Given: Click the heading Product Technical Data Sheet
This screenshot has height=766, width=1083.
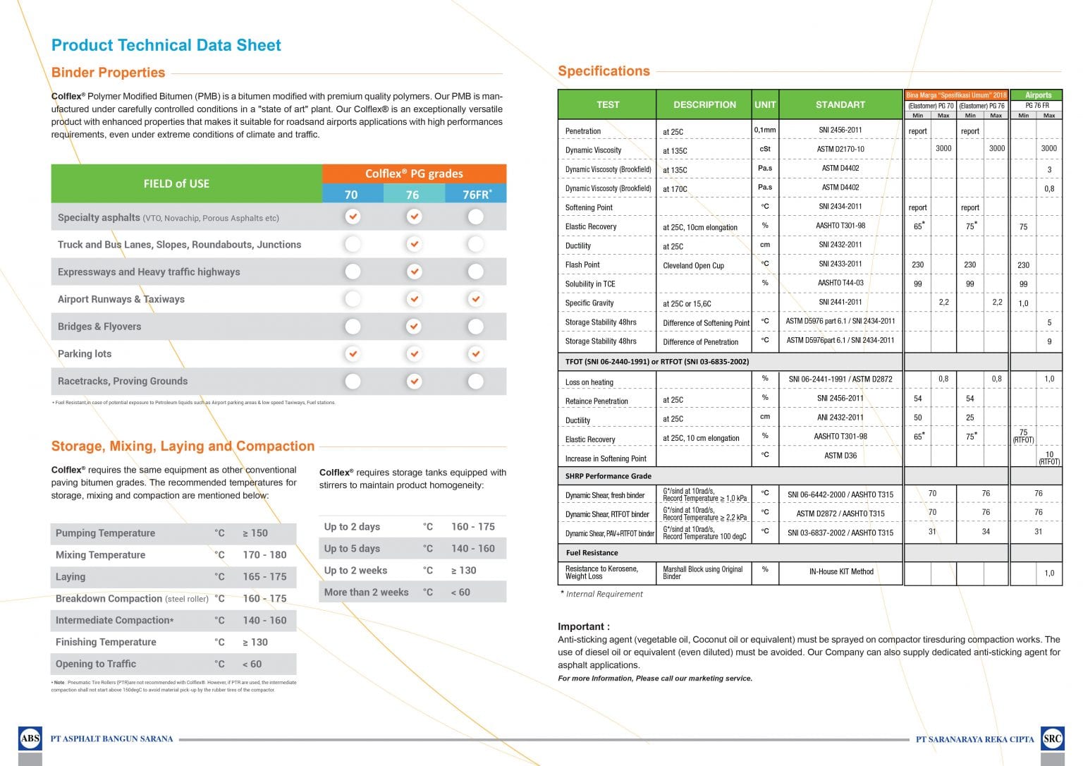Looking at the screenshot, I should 166,46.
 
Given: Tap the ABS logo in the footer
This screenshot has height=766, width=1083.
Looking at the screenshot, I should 30,738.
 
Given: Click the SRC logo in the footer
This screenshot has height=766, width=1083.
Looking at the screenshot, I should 1052,738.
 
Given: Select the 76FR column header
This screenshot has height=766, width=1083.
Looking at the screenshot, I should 476,195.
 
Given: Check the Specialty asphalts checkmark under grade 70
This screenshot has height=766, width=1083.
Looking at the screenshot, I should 353,217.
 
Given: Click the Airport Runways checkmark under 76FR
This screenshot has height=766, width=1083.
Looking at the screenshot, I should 476,299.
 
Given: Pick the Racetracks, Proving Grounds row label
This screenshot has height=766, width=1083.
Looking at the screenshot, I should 123,381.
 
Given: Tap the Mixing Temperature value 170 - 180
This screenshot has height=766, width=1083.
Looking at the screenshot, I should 264,555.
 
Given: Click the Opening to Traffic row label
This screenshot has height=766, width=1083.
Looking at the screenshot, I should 96,664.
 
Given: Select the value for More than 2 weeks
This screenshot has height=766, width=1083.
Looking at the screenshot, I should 460,592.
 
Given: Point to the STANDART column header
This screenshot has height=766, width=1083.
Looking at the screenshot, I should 840,104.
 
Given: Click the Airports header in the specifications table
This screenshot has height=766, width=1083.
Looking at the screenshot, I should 1038,95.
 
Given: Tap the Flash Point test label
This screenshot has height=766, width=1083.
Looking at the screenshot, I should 582,265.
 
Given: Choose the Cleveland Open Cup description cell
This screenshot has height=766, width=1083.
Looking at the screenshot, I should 693,266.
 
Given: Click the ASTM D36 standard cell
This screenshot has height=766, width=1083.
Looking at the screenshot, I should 840,456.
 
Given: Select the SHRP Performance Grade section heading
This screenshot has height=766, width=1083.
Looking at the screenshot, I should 608,476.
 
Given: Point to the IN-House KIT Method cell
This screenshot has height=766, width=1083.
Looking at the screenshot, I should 840,571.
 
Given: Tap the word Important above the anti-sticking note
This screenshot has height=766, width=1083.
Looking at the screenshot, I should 583,626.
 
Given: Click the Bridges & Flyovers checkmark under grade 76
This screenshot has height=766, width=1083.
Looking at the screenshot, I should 414,327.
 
